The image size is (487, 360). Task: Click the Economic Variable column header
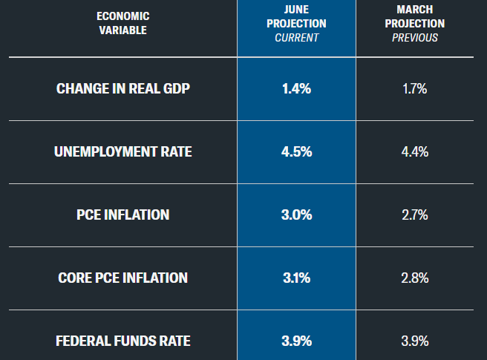click(123, 23)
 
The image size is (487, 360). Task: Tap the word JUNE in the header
click(296, 10)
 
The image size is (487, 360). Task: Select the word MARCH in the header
click(414, 10)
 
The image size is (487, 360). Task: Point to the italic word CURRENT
click(296, 37)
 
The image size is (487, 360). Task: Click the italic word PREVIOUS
click(414, 37)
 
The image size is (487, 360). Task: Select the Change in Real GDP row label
click(123, 89)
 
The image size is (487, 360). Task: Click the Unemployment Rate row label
click(123, 152)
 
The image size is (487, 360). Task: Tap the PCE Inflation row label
click(123, 215)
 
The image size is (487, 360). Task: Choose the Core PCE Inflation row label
click(123, 278)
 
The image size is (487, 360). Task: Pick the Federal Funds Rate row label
click(123, 341)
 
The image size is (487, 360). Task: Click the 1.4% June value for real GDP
click(296, 89)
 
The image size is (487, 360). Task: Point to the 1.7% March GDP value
click(414, 89)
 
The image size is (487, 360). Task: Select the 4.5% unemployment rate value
click(296, 152)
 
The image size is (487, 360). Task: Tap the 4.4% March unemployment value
click(414, 152)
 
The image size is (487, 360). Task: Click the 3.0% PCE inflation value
click(296, 215)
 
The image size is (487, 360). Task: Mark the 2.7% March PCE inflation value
click(414, 215)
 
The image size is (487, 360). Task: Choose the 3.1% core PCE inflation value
click(296, 278)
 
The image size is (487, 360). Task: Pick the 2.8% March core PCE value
click(414, 278)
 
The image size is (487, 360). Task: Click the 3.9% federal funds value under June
click(296, 341)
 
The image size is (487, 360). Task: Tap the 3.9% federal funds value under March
click(414, 341)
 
